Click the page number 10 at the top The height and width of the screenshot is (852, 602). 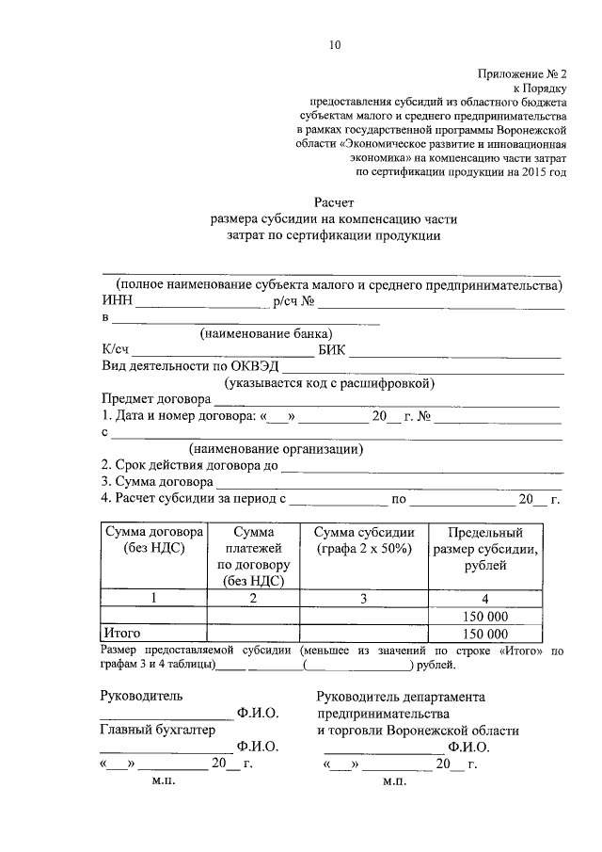pos(335,44)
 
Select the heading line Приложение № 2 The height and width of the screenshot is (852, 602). pos(519,72)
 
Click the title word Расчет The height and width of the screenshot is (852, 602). pos(334,201)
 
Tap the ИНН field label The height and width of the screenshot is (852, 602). pos(117,301)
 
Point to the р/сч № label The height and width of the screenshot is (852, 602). pos(293,301)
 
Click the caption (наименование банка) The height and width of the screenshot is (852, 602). pos(266,333)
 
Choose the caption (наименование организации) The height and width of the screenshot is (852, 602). pos(276,449)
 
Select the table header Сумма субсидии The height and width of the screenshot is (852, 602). pos(364,532)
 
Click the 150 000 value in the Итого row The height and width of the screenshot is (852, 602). pos(484,634)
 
